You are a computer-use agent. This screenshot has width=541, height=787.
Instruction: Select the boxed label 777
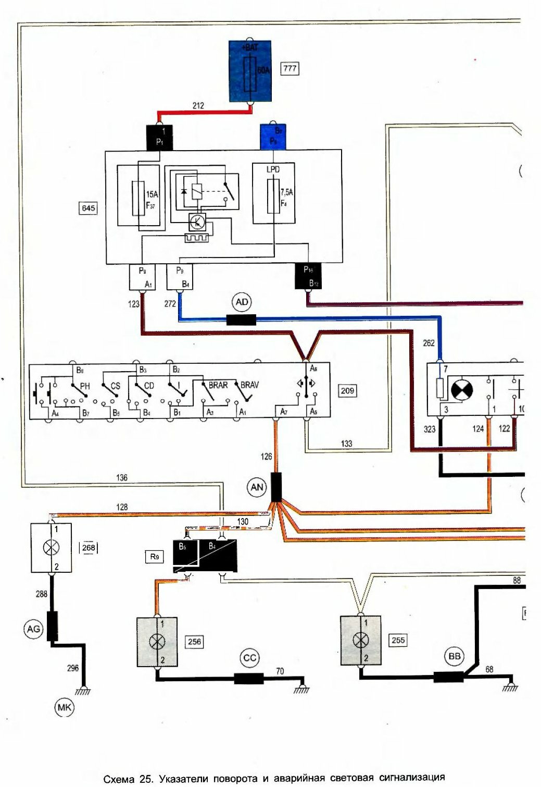(290, 68)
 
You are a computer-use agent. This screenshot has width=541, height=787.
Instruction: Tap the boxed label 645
(89, 208)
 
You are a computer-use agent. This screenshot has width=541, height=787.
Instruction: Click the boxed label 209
(347, 390)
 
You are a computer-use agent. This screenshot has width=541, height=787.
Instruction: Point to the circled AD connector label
(242, 302)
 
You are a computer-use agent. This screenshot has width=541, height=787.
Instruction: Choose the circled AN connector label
(257, 487)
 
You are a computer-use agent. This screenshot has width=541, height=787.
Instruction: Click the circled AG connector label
(33, 629)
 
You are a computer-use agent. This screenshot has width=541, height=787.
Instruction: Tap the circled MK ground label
(65, 707)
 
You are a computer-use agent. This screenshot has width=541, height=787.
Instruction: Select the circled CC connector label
(250, 658)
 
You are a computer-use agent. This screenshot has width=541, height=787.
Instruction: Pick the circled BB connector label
(455, 656)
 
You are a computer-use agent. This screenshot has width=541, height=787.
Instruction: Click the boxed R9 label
(155, 557)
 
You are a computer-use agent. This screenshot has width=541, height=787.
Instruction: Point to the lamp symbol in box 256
(157, 642)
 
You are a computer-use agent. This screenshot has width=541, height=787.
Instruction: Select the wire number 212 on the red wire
(198, 105)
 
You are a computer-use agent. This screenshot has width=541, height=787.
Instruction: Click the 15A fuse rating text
(152, 194)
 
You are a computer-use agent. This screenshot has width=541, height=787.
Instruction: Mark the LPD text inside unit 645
(272, 169)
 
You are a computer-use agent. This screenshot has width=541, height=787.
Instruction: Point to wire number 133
(346, 444)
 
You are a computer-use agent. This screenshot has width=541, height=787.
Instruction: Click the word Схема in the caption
(120, 779)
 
